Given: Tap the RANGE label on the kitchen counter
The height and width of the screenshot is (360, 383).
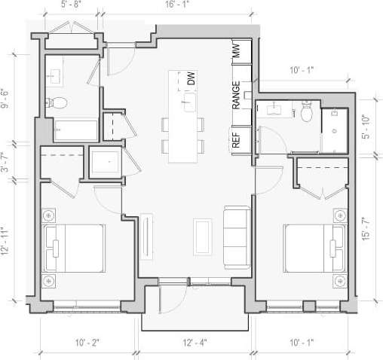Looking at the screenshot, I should [x=236, y=96].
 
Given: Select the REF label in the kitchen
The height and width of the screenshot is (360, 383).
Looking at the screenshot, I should [x=236, y=139].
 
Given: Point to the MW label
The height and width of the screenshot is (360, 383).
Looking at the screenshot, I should [x=236, y=52].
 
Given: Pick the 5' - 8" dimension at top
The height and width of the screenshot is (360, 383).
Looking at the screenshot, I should [x=71, y=5].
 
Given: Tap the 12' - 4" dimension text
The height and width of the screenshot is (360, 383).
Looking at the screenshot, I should [x=195, y=343].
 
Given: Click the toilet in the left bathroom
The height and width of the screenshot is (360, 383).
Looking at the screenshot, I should [x=60, y=102].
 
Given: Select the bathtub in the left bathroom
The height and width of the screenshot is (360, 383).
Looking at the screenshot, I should [x=71, y=130].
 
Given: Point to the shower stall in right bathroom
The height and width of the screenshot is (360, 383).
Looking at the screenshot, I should [x=333, y=131].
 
